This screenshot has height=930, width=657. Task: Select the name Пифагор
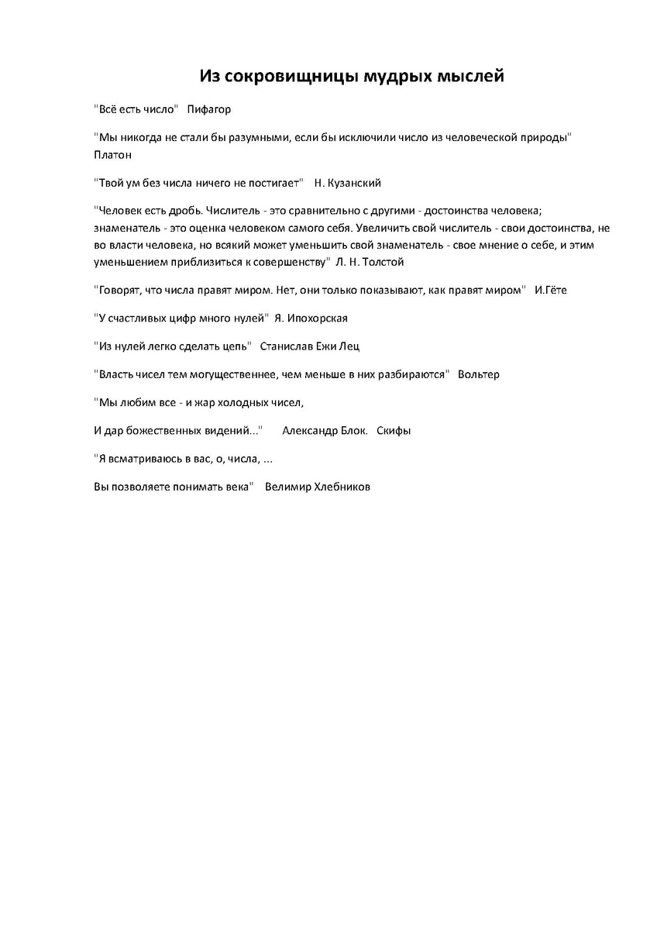coord(209,109)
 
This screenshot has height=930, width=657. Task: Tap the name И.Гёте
coord(555,290)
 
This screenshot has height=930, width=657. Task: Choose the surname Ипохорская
coord(318,319)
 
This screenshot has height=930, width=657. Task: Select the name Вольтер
coord(479,374)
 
